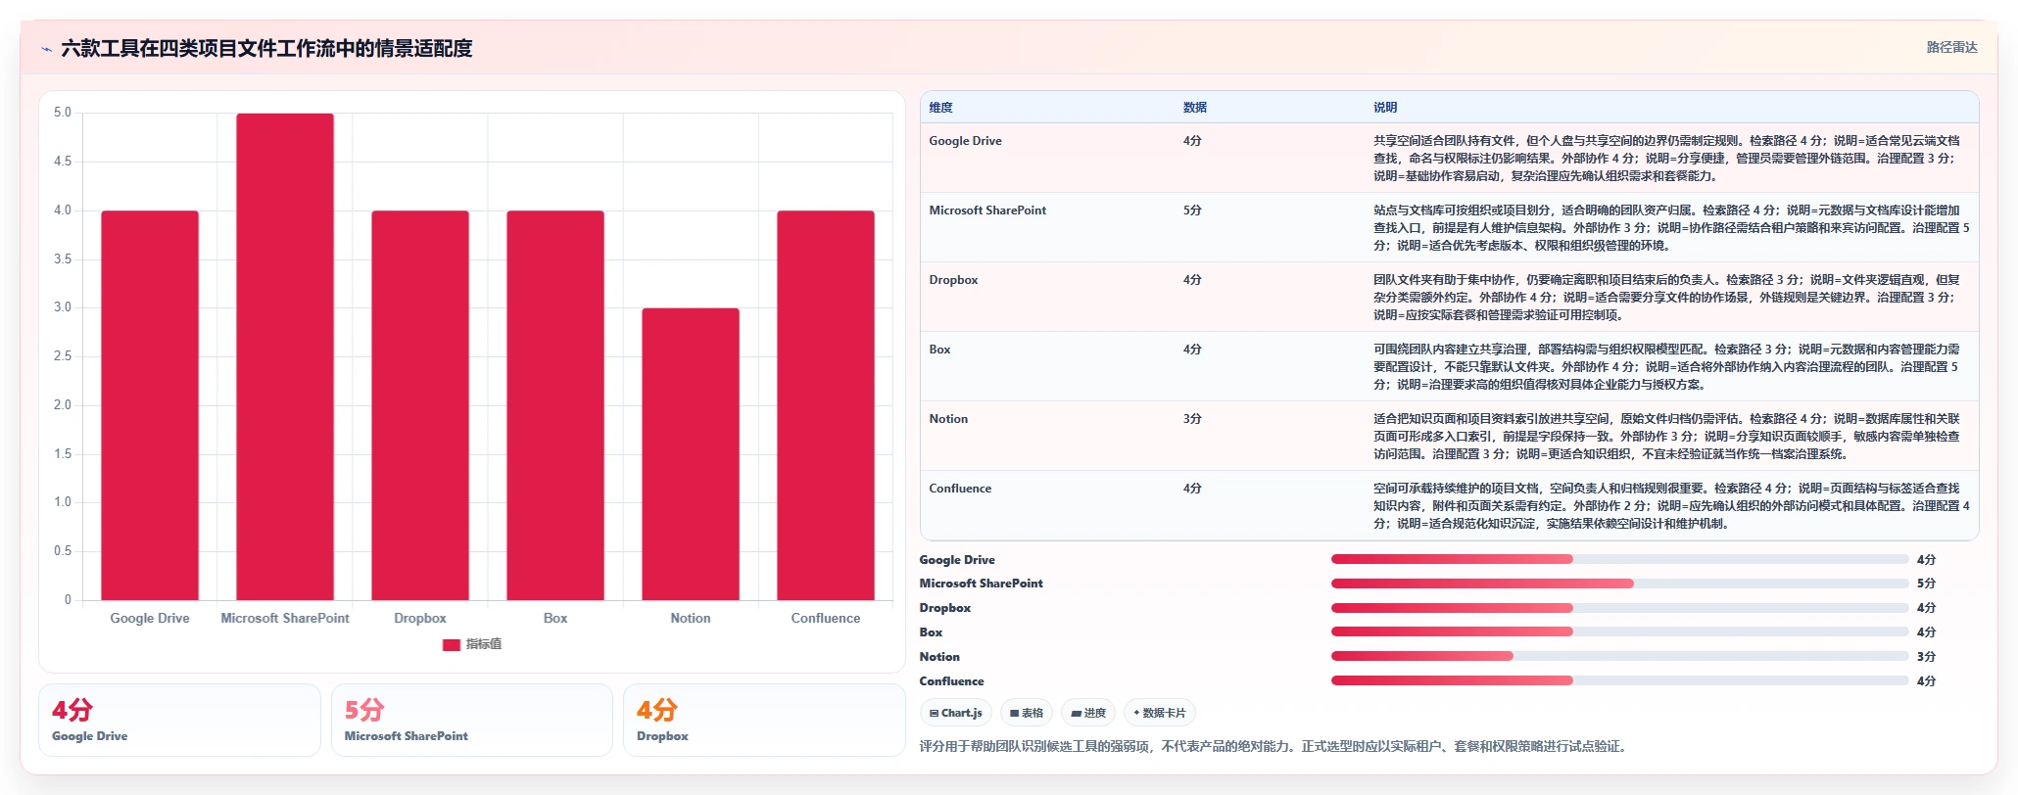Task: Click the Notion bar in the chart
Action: (x=691, y=454)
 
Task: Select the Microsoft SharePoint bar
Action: (x=285, y=356)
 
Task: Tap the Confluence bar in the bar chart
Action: (x=826, y=405)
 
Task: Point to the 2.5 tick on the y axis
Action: (x=63, y=356)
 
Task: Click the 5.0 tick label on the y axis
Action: (x=63, y=113)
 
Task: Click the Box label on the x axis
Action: (x=555, y=618)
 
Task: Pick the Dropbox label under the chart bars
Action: (x=420, y=618)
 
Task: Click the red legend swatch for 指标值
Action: (x=452, y=644)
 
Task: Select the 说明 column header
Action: (x=1385, y=108)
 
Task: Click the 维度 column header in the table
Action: (x=940, y=108)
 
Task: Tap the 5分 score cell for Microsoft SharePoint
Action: (x=1192, y=210)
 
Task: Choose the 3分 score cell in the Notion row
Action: (x=1192, y=419)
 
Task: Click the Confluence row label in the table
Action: (x=960, y=489)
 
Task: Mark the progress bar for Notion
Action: (x=1619, y=656)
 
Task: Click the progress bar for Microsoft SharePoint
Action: (x=1619, y=584)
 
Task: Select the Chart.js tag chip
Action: (x=956, y=713)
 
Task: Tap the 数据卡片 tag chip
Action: (x=1160, y=713)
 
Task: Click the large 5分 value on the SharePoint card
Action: (x=364, y=710)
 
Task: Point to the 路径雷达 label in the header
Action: (x=1952, y=47)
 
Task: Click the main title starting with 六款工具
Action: (x=266, y=48)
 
